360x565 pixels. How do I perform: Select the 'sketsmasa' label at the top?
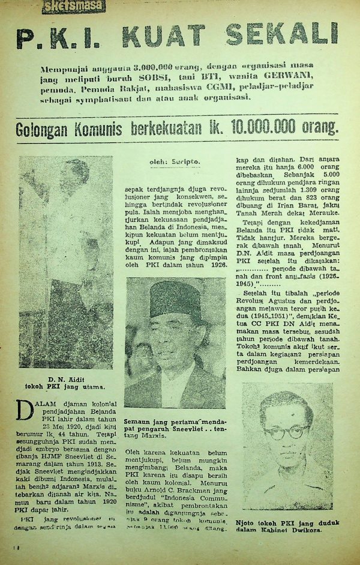(x=74, y=7)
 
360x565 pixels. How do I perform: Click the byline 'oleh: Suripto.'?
(x=175, y=162)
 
